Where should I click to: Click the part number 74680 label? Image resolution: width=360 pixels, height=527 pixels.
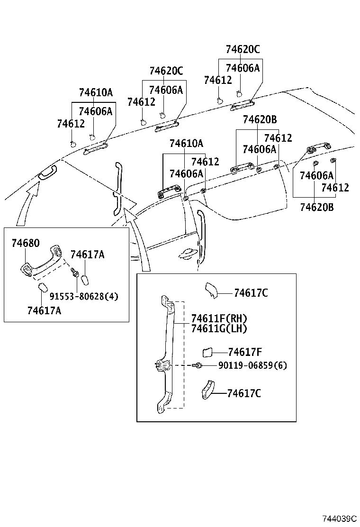point(26,243)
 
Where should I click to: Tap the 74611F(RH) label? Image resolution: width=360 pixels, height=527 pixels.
point(219,318)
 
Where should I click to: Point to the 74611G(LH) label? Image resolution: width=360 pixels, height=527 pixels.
point(219,328)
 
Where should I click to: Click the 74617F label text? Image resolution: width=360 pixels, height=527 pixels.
point(245,352)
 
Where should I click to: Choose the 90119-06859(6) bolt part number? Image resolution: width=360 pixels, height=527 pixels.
point(252,365)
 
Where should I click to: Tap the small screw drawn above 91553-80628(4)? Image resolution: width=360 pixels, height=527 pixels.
point(74,273)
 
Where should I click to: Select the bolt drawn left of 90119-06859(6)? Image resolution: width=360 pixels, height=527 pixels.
point(198,365)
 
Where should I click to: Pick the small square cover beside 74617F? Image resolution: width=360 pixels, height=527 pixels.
point(207,352)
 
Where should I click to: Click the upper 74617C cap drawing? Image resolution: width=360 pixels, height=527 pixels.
point(210,291)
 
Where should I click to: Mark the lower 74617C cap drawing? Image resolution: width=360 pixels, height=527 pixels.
point(207,390)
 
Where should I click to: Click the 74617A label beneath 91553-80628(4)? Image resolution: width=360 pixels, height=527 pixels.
point(44,311)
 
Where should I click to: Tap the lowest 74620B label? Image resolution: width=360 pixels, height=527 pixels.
point(316,207)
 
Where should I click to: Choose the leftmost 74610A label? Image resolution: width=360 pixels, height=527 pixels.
point(96,92)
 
